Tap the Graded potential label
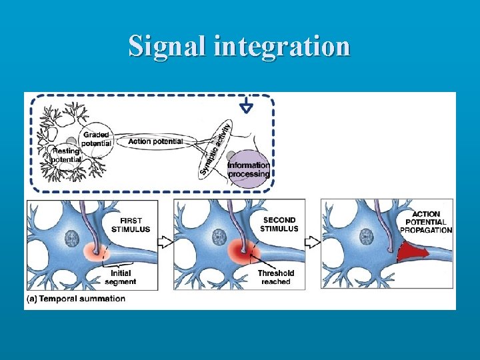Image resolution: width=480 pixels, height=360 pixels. click(x=96, y=139)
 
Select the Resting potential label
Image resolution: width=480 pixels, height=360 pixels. click(x=67, y=155)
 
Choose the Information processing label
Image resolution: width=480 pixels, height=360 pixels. click(x=249, y=169)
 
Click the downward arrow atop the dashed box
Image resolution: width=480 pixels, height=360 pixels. click(x=247, y=105)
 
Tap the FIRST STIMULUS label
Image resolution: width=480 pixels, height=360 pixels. click(x=135, y=225)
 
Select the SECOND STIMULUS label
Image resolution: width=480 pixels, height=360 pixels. click(x=280, y=224)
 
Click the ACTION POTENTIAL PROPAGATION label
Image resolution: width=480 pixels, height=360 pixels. click(x=427, y=223)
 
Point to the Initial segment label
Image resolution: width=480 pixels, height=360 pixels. click(x=120, y=277)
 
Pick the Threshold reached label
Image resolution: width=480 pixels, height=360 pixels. click(x=276, y=277)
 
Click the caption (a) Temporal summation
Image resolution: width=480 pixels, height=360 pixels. click(x=75, y=299)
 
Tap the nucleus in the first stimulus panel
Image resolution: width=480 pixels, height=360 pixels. click(x=71, y=238)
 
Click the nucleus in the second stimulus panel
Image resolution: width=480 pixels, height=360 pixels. click(x=218, y=237)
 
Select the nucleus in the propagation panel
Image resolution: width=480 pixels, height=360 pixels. click(x=365, y=237)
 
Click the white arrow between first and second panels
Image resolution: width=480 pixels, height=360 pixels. click(x=166, y=241)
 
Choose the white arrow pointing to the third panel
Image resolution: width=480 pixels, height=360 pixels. click(x=313, y=241)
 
